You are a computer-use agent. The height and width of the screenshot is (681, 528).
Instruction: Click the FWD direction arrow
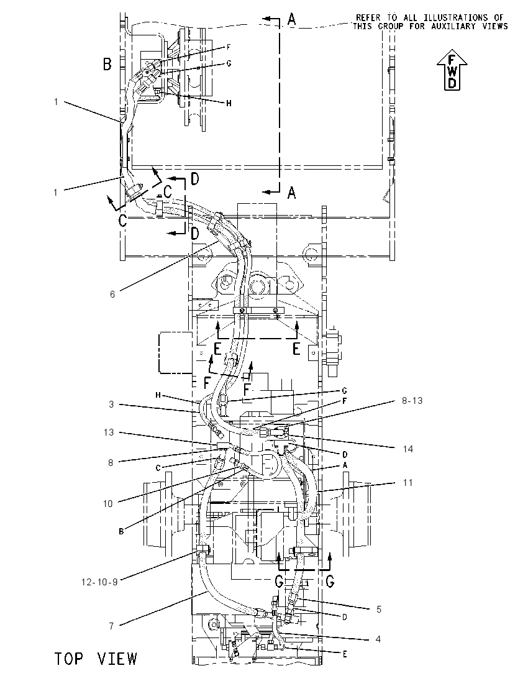click(452, 70)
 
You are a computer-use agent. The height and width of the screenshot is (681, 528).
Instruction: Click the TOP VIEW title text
click(96, 659)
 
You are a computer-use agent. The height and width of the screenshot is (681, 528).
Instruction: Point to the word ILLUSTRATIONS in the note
click(449, 17)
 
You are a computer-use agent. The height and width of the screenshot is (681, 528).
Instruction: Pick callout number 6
click(112, 295)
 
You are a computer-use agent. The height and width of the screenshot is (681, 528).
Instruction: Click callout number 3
click(112, 404)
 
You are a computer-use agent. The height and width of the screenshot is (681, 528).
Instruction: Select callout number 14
click(408, 449)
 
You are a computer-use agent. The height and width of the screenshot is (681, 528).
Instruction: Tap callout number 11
click(407, 483)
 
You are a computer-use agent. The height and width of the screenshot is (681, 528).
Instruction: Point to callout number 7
click(112, 626)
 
